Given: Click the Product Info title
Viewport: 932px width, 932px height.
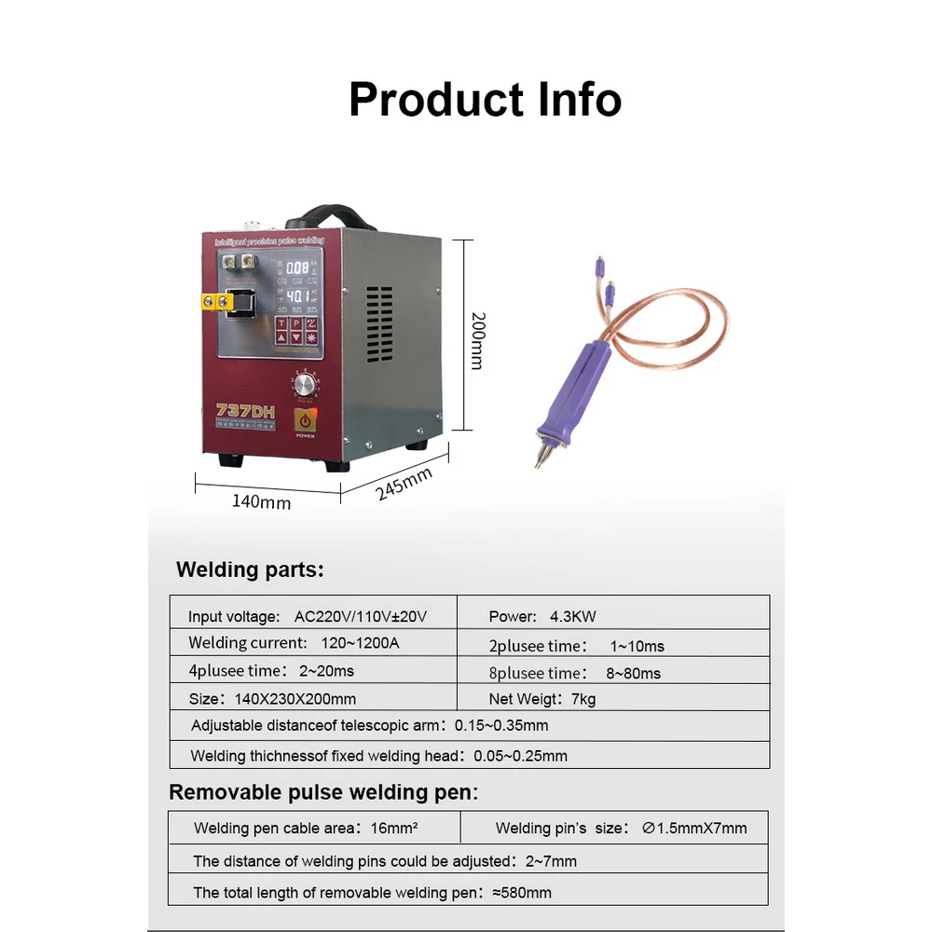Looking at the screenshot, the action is (485, 100).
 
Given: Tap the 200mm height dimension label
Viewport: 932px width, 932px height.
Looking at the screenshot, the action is (476, 341).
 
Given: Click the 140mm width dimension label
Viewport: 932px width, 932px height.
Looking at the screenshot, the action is (261, 501).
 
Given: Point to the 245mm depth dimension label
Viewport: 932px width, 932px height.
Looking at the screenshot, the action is (404, 484).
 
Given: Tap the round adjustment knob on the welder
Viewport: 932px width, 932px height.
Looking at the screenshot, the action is (304, 384).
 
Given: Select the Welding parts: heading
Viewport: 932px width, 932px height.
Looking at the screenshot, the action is (250, 569).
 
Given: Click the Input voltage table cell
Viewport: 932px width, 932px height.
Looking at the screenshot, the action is (308, 616).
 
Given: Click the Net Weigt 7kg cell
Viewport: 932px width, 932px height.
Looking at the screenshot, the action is (542, 698).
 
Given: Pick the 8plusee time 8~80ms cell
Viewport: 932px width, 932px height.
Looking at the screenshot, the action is (574, 672).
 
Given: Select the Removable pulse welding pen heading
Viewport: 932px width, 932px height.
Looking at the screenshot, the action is (323, 792).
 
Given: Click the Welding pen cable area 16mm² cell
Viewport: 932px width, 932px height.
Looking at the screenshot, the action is (305, 828).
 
